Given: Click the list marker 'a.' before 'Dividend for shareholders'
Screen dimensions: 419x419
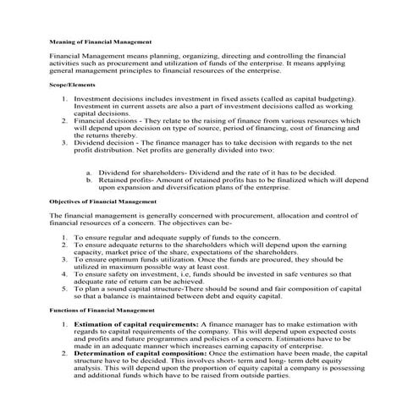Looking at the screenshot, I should point(89,172).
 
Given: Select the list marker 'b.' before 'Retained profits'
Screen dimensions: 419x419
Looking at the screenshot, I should point(89,179).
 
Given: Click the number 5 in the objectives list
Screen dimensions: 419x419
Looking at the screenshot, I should point(64,289).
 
